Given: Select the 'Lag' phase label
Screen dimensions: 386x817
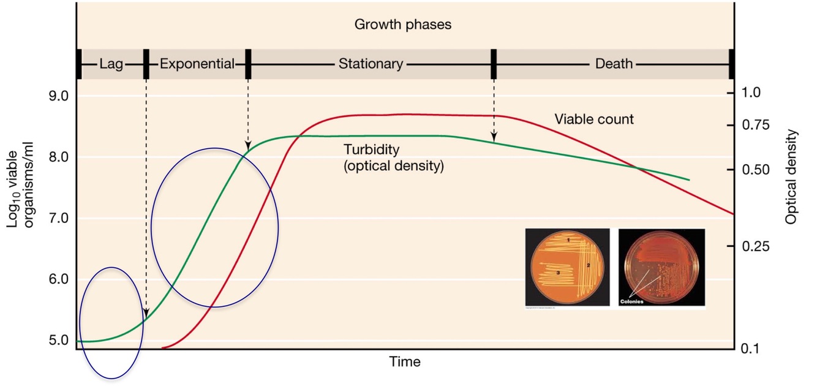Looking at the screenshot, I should click(111, 64).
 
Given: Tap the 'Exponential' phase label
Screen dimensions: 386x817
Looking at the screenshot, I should click(197, 64).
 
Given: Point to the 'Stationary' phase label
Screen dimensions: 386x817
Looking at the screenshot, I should click(371, 64).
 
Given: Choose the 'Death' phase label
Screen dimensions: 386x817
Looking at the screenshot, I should click(614, 64).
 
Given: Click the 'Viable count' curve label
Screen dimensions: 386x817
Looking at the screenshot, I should click(593, 119).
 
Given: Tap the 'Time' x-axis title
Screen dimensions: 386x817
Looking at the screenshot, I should click(405, 361).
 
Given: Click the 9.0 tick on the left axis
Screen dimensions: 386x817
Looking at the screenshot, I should click(55, 96).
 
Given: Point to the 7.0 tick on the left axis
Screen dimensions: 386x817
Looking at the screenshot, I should click(55, 219).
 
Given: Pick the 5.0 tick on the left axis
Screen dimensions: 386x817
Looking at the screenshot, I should click(55, 341).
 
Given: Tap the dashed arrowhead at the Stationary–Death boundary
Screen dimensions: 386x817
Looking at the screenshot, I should click(494, 137).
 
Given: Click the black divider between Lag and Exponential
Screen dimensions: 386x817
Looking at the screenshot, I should click(146, 64).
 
